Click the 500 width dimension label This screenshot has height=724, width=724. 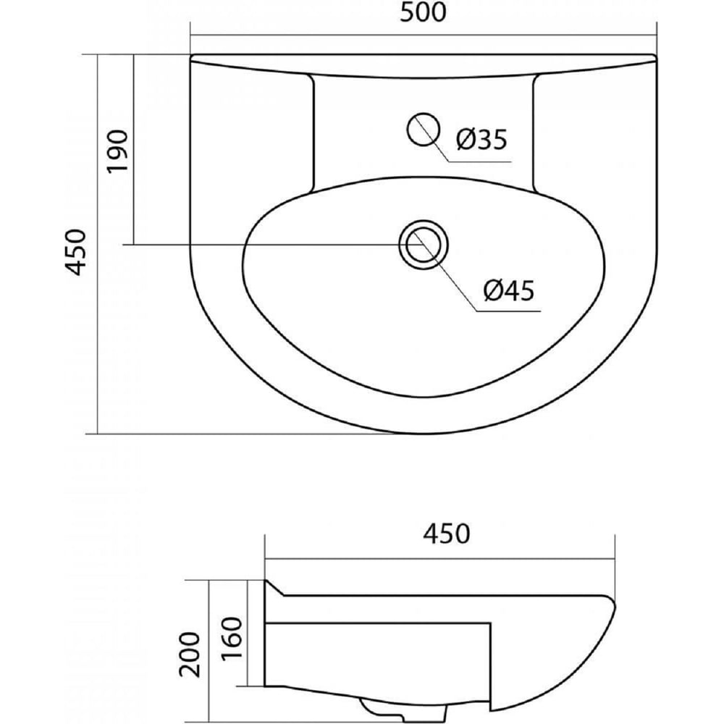coord(423,12)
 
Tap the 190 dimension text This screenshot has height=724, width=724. coord(117,151)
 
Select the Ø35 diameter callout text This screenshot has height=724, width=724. coord(481,139)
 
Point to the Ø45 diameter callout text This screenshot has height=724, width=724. coord(509,290)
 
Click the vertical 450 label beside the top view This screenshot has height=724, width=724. coord(76,252)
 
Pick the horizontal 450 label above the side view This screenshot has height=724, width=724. coord(447,534)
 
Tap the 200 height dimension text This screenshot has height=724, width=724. coord(190,654)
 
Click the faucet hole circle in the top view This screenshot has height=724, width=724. coord(423,130)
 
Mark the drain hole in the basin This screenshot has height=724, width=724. coord(424,244)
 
